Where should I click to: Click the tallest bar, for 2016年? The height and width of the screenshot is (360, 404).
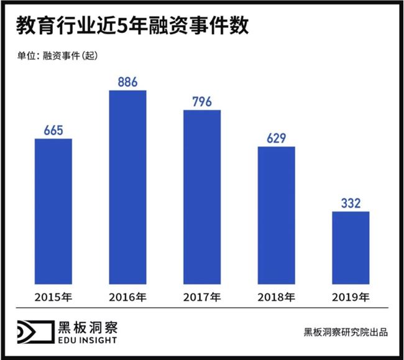pyautogui.click(x=127, y=187)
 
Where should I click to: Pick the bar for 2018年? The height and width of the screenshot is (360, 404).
pyautogui.click(x=276, y=215)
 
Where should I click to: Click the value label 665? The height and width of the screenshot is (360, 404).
pyautogui.click(x=53, y=130)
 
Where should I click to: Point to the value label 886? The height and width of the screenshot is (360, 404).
pyautogui.click(x=127, y=82)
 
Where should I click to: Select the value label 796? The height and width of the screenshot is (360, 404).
pyautogui.click(x=202, y=101)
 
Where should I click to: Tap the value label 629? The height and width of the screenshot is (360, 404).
pyautogui.click(x=276, y=138)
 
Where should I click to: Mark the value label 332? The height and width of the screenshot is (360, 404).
pyautogui.click(x=351, y=203)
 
